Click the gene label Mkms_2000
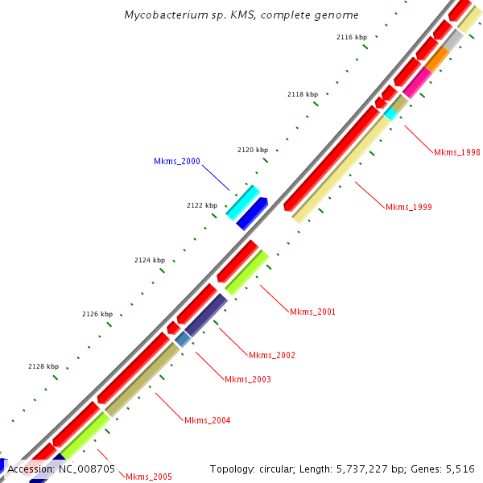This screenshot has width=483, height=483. click(176, 162)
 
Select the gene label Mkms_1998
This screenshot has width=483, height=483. click(456, 153)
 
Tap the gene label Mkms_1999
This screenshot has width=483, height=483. click(408, 208)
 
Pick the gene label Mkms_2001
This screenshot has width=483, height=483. click(312, 312)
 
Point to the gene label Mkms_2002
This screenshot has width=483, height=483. click(271, 356)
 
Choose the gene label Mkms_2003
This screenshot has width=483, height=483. click(247, 380)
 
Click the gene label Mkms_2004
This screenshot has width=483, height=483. click(207, 421)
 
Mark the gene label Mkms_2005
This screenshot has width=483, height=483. click(148, 477)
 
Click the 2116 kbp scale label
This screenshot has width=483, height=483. click(352, 38)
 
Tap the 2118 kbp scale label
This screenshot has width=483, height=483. click(303, 95)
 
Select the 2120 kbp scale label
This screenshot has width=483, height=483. click(253, 151)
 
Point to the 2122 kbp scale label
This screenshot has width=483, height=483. click(202, 206)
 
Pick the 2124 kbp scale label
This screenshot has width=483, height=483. click(149, 260)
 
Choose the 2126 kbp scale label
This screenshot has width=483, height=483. click(97, 314)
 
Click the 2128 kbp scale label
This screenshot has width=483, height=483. click(43, 366)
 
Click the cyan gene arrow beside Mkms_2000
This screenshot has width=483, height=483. click(242, 202)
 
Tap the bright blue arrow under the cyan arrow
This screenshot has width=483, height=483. click(252, 213)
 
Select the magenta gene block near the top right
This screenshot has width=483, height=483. click(417, 84)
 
